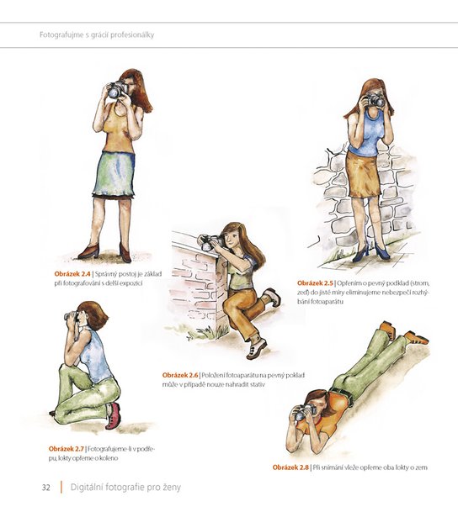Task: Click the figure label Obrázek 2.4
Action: coord(72,273)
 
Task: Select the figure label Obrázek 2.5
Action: coord(315,282)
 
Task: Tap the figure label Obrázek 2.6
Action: coord(180,375)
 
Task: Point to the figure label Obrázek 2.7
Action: coord(67,449)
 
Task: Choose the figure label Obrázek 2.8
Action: coord(290,467)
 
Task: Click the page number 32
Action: coord(46,488)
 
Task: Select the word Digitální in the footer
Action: coord(83,488)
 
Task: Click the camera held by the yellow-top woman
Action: coord(117,89)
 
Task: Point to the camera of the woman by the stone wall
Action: coord(376,99)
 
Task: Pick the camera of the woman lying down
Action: coord(306,412)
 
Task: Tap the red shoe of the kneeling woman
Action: coord(114,415)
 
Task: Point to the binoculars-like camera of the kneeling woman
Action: coord(72,316)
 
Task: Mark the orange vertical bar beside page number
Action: coord(61,487)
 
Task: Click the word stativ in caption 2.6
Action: coord(258,384)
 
